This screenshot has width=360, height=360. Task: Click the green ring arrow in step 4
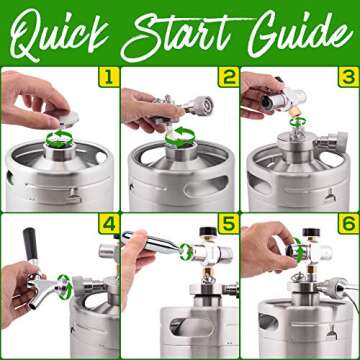tap(63, 282)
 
